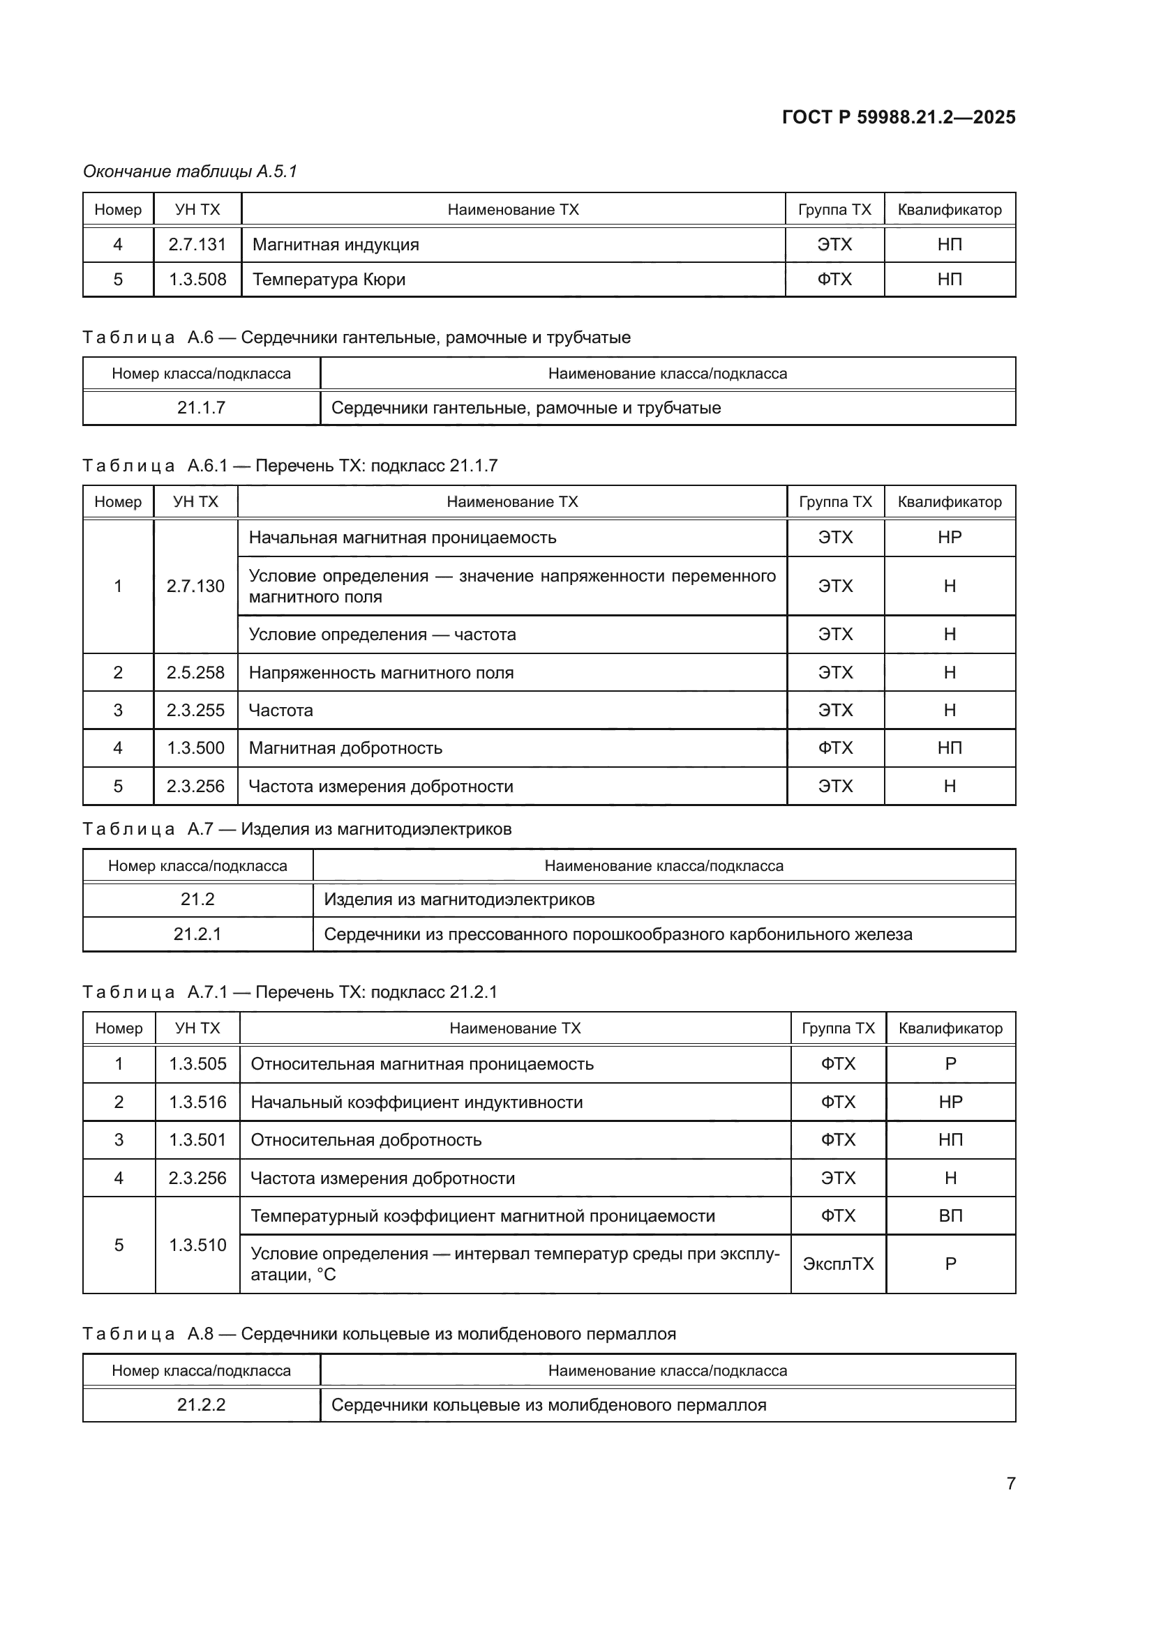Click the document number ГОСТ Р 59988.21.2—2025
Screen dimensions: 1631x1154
(x=898, y=117)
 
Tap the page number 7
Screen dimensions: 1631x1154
(x=1010, y=1483)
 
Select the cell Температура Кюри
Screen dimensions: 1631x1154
(x=329, y=279)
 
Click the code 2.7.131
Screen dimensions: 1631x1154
(x=197, y=244)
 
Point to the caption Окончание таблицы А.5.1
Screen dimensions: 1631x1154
(x=190, y=172)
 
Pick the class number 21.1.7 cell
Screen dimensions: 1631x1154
(x=201, y=408)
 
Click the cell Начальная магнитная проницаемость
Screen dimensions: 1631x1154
(x=402, y=537)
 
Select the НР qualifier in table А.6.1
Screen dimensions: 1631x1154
(x=950, y=537)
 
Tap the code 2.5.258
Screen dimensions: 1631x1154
(x=195, y=672)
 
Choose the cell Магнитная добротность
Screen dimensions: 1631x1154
(x=345, y=748)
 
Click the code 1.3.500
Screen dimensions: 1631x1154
(x=195, y=748)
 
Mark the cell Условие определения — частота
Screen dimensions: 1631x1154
(x=382, y=635)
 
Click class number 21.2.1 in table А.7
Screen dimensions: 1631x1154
(x=197, y=934)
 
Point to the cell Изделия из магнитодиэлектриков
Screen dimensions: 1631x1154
(x=459, y=900)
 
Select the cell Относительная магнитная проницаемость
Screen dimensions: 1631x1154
(x=422, y=1063)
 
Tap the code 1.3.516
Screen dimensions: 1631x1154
(x=197, y=1102)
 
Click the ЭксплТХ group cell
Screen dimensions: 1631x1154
(x=838, y=1264)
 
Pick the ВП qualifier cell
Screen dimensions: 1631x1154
(x=950, y=1215)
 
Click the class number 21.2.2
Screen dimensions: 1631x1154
(x=201, y=1404)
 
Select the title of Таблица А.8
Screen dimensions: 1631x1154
(x=380, y=1333)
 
